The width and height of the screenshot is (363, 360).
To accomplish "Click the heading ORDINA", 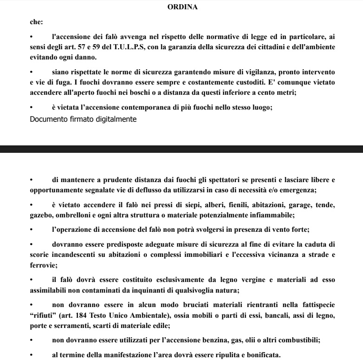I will click(x=182, y=7).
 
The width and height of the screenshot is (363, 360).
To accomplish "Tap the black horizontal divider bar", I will click(x=181, y=149).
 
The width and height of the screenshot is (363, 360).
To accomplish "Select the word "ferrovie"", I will click(x=42, y=265).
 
